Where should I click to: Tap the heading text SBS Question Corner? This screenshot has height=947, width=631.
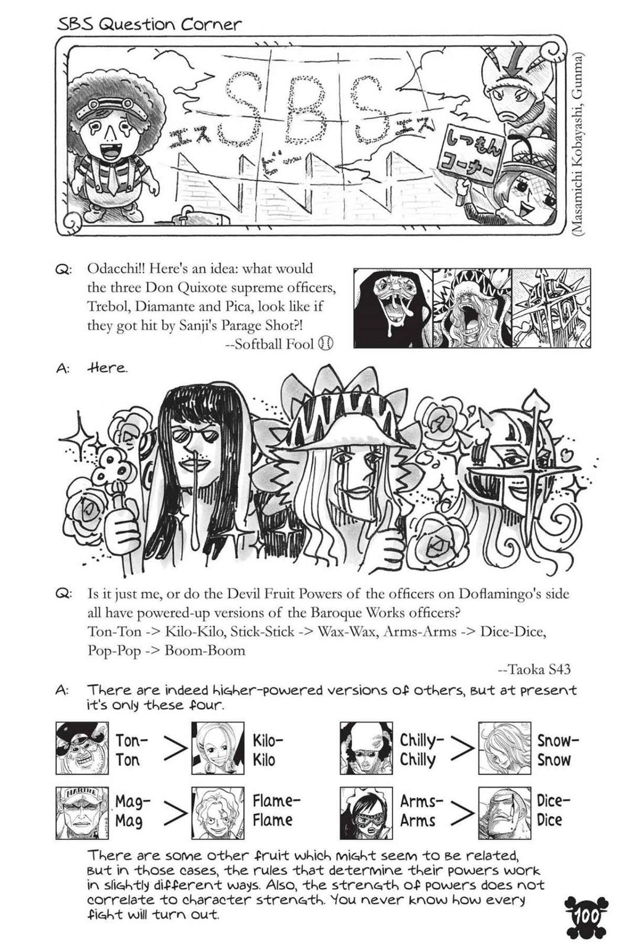click(x=149, y=24)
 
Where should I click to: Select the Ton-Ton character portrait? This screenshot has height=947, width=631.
click(x=82, y=748)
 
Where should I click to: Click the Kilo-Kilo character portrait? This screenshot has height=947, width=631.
click(x=218, y=748)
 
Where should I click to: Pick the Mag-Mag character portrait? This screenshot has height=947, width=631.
click(x=82, y=813)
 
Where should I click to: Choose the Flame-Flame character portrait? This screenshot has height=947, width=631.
click(x=218, y=813)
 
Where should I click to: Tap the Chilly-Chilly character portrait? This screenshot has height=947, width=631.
click(x=366, y=748)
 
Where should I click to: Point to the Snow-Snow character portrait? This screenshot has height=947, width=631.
click(x=504, y=748)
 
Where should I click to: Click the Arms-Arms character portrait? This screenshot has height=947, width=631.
click(x=366, y=813)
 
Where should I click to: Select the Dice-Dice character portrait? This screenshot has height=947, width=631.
click(x=504, y=813)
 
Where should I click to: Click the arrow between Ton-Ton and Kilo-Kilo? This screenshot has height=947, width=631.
click(x=175, y=749)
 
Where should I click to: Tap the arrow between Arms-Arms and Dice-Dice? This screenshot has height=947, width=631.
click(x=462, y=812)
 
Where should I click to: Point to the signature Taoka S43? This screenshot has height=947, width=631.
click(x=535, y=669)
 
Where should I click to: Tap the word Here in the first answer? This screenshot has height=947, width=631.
click(x=107, y=368)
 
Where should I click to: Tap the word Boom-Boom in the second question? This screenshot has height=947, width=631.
click(x=205, y=650)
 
